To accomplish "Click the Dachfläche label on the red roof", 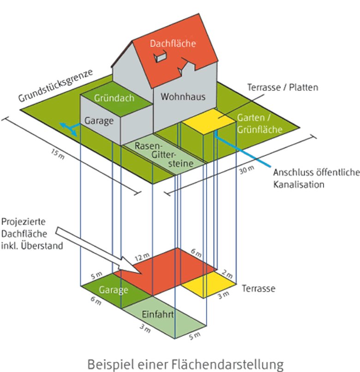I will coord(173,44).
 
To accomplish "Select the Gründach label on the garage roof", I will coord(114,98).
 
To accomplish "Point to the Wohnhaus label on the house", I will coord(183,97).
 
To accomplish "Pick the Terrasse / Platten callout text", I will coord(282,87).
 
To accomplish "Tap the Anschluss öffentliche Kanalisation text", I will coord(316,179).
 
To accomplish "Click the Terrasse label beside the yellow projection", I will coord(258,289).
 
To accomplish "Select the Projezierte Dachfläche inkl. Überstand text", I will coord(32,234).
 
